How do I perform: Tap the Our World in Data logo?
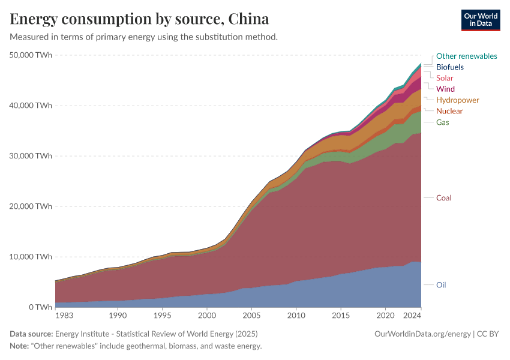[480, 19]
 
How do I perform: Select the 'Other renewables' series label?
[466, 56]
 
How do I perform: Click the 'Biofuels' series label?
[449, 67]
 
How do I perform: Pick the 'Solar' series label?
[445, 78]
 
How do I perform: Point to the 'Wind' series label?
[445, 89]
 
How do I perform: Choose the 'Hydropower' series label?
[457, 100]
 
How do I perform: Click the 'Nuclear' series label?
[449, 111]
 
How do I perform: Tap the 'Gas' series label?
[442, 122]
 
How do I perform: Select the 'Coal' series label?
[443, 198]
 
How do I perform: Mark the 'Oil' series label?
[441, 285]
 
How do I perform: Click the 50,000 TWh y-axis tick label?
[31, 55]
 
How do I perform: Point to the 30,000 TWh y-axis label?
[31, 156]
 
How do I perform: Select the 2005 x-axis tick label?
[251, 315]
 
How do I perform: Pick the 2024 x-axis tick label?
[413, 315]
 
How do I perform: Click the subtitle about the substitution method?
[144, 37]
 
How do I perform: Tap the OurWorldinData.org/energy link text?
[422, 334]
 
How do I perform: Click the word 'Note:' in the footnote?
[21, 346]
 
